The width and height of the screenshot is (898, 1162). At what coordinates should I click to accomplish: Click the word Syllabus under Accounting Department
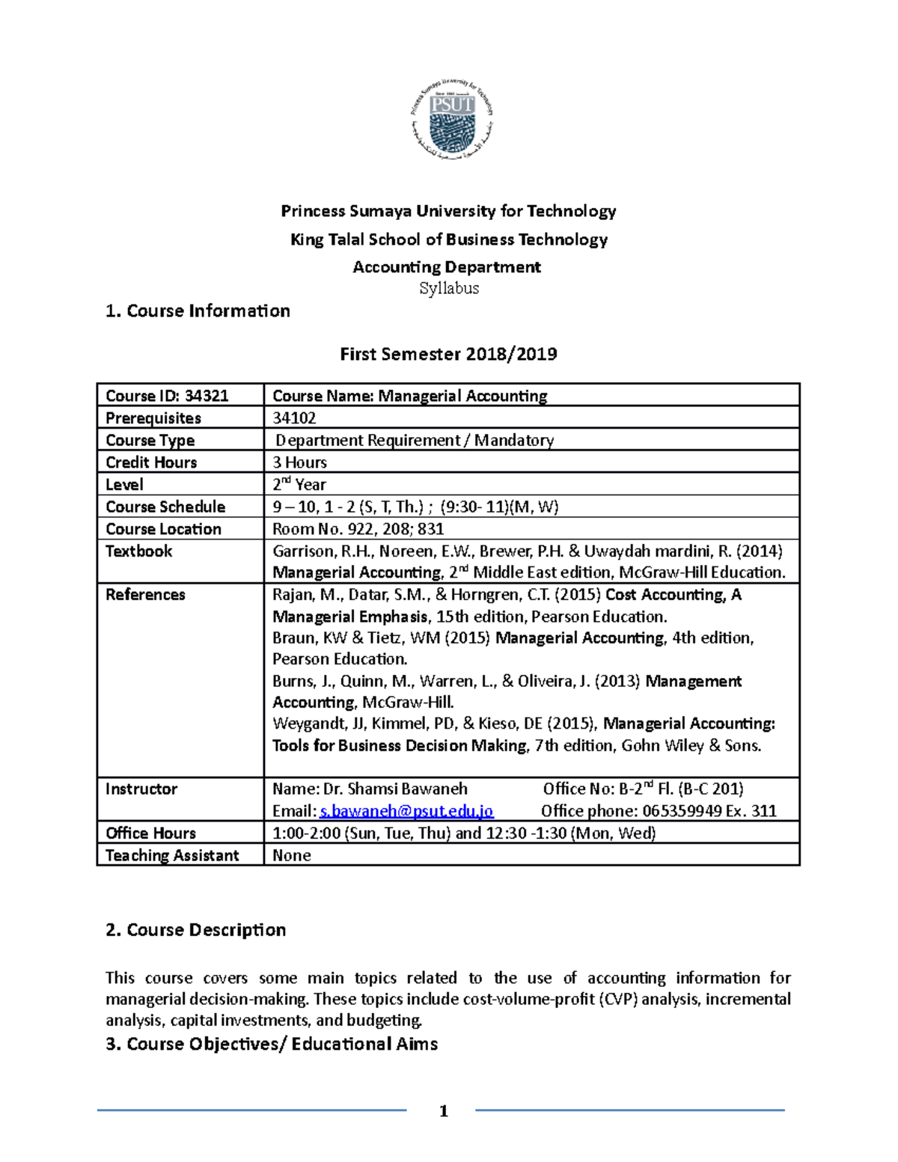pyautogui.click(x=449, y=288)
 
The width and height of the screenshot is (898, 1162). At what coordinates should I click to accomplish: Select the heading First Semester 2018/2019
pyautogui.click(x=448, y=354)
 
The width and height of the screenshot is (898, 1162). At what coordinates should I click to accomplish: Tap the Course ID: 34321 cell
pyautogui.click(x=167, y=396)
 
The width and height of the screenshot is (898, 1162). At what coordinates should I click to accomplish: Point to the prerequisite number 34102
pyautogui.click(x=294, y=418)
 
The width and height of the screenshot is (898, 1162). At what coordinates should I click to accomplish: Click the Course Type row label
pyautogui.click(x=150, y=440)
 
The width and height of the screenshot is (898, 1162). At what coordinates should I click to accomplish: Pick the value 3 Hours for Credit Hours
pyautogui.click(x=299, y=462)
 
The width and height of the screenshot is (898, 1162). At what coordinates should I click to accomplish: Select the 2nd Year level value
pyautogui.click(x=299, y=484)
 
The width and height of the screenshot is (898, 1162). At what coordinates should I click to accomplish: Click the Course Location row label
pyautogui.click(x=163, y=529)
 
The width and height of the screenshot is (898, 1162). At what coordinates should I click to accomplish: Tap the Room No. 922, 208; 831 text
pyautogui.click(x=358, y=529)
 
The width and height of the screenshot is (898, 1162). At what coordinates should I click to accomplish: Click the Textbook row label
pyautogui.click(x=138, y=551)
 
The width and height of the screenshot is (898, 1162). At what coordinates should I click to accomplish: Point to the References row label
pyautogui.click(x=145, y=595)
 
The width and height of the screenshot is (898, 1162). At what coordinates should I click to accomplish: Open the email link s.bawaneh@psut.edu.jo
pyautogui.click(x=406, y=811)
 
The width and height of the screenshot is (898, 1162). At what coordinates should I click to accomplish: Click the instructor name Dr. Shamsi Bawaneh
pyautogui.click(x=395, y=789)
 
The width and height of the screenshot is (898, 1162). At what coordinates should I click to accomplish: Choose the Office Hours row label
pyautogui.click(x=150, y=833)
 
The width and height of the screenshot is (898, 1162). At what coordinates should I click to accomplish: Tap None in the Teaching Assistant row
pyautogui.click(x=292, y=855)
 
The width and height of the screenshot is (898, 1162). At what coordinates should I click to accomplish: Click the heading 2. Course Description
pyautogui.click(x=196, y=930)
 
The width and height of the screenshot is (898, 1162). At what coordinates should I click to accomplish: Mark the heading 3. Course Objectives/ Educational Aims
pyautogui.click(x=272, y=1044)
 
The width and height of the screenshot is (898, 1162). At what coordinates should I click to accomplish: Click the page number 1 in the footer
pyautogui.click(x=444, y=1111)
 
